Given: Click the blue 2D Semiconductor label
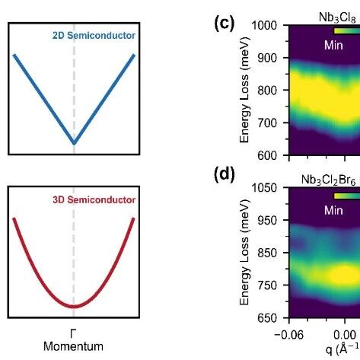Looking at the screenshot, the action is click(x=94, y=36).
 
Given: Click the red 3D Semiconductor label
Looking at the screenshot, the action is click(x=94, y=200).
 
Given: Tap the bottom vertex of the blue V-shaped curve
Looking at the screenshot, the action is click(x=74, y=143).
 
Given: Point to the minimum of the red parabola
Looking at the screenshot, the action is click(x=74, y=307).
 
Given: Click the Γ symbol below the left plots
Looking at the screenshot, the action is click(x=73, y=333).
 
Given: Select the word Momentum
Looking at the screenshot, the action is click(x=73, y=346).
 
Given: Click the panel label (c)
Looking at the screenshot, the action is click(x=225, y=24).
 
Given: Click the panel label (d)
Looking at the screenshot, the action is click(x=225, y=174).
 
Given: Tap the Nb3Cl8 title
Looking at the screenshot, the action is click(x=337, y=18).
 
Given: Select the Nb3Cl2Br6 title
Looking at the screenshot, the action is click(x=329, y=180).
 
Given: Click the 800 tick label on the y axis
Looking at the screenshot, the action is click(x=267, y=91).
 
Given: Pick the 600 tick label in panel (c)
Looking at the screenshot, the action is click(x=267, y=155).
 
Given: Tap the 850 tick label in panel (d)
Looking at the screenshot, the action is click(x=267, y=253).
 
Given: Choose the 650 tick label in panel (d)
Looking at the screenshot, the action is click(x=267, y=318).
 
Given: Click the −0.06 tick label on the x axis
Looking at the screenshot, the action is click(x=289, y=335).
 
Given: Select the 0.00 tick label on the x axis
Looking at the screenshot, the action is click(x=345, y=335).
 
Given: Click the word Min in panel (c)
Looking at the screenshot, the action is click(x=333, y=46).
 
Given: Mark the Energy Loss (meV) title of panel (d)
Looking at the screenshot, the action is click(x=244, y=252).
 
